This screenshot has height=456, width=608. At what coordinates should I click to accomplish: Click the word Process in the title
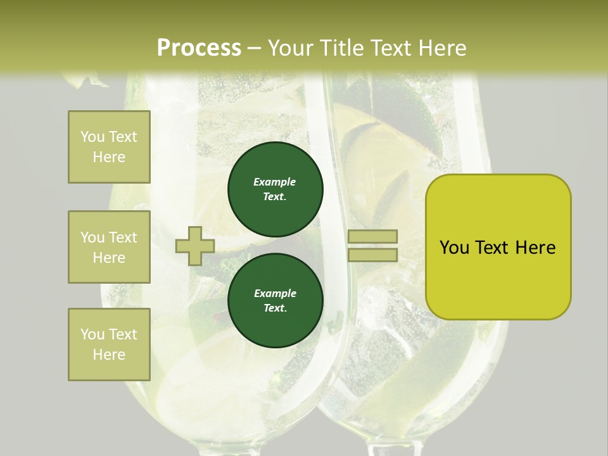pyautogui.click(x=199, y=47)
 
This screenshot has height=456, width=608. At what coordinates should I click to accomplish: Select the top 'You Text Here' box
pyautogui.click(x=109, y=147)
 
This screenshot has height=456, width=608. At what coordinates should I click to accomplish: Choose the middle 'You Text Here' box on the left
pyautogui.click(x=109, y=247)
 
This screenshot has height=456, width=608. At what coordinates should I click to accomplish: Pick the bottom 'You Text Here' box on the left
pyautogui.click(x=109, y=345)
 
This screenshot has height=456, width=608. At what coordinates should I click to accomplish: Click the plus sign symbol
pyautogui.click(x=194, y=246)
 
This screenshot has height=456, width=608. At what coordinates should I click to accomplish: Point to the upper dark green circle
pyautogui.click(x=275, y=189)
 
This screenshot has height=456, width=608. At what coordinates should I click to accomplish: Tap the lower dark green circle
pyautogui.click(x=275, y=301)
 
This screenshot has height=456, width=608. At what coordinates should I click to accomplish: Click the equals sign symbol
pyautogui.click(x=372, y=246)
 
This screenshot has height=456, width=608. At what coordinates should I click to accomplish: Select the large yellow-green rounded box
pyautogui.click(x=498, y=247)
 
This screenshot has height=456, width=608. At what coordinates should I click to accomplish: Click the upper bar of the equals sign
pyautogui.click(x=372, y=236)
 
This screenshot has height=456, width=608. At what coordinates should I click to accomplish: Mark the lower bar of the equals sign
pyautogui.click(x=372, y=255)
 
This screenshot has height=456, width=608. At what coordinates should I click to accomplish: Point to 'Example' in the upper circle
pyautogui.click(x=275, y=182)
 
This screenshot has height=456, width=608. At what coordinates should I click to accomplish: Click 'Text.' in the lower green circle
pyautogui.click(x=275, y=308)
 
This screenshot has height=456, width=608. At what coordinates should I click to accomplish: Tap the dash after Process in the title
pyautogui.click(x=255, y=47)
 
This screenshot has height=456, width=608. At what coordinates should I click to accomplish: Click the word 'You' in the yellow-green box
pyautogui.click(x=453, y=248)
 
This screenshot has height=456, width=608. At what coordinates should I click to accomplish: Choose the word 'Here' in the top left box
pyautogui.click(x=109, y=157)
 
